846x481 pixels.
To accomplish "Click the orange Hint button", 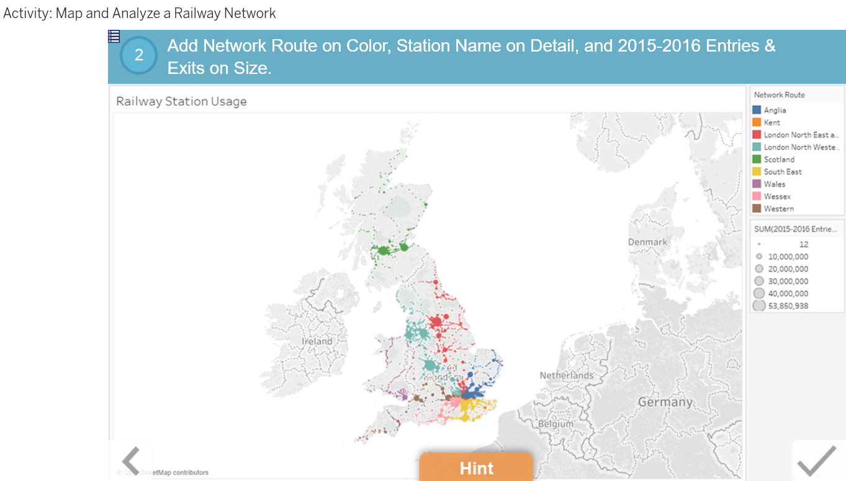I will pos(476,467).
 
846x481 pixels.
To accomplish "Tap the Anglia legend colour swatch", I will pos(757,110).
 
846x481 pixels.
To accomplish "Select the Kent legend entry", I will pos(772,122).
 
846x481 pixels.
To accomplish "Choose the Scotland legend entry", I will pos(779,160).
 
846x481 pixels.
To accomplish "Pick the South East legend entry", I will pos(782,172).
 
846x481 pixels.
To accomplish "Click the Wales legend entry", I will pos(774,185).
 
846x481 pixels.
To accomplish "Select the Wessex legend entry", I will pos(777,197).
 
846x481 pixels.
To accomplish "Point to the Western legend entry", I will pos(778,209).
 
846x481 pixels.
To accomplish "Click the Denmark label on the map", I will pos(647,242).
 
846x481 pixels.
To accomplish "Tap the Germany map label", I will pos(665,402).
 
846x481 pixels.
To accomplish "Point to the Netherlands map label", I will pos(566,375).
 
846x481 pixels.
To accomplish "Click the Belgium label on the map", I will pos(556,424).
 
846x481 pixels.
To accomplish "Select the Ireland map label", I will pos(317,341).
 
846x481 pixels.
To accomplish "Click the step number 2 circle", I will pos(138,55).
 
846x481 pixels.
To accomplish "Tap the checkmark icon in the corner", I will pos(816,461).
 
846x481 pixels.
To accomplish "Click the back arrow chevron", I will pos(131,461).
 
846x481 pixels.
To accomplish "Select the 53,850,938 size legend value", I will pos(788,306).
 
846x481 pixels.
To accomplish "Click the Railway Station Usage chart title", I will pos(181,101).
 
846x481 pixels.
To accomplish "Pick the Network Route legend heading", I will pos(779,95).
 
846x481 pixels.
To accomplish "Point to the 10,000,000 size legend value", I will pos(788,257).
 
